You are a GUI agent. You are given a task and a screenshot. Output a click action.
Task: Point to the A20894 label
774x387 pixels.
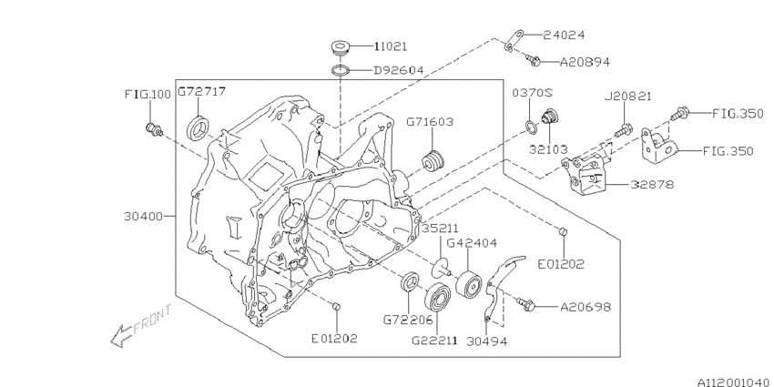586,62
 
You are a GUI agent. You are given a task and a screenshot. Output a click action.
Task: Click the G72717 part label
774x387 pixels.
201,92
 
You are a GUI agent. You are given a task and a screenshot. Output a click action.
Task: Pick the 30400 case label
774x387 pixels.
143,217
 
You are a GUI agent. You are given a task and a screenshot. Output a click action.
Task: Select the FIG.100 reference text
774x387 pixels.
147,94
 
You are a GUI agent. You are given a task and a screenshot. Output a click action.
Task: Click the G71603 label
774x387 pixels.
430,120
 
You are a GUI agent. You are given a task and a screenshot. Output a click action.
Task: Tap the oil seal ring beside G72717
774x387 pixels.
198,127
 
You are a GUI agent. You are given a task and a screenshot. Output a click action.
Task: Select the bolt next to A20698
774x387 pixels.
525,303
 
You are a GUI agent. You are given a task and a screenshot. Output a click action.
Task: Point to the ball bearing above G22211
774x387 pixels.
439,297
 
